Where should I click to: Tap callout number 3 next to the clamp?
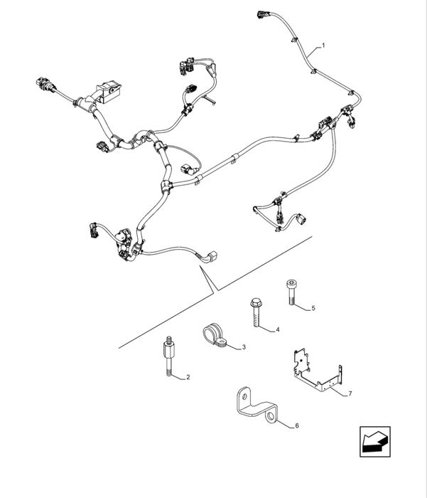coord(244,346)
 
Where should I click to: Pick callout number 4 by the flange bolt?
coord(277,329)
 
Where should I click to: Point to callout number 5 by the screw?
coord(313,308)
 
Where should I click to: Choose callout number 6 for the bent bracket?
coord(297,425)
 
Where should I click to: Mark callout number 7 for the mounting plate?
coord(350,393)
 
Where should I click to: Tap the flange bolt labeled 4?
coord(255,312)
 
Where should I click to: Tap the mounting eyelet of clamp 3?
coord(223,345)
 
